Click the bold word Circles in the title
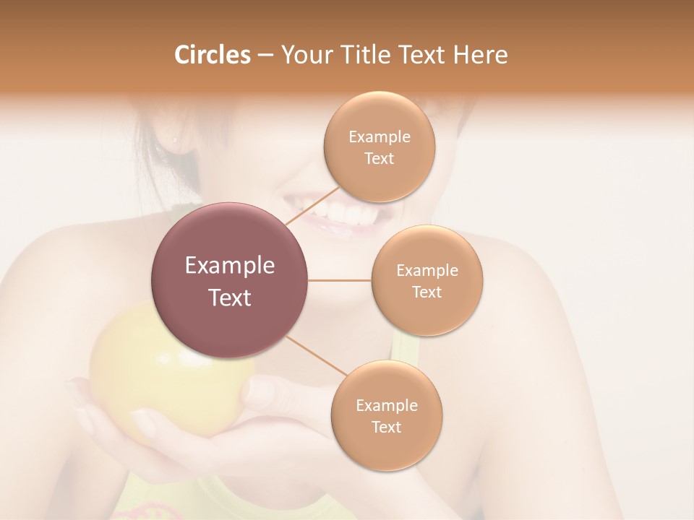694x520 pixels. pos(212,55)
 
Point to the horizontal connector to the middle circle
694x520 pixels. pos(340,280)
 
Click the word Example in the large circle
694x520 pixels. pos(230,266)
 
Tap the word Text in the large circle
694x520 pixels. pos(230,298)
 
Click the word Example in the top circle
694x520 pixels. pos(380,137)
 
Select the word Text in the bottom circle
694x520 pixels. pos(386,427)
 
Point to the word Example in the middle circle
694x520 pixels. pos(427,271)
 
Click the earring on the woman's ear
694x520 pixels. pos(173,137)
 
